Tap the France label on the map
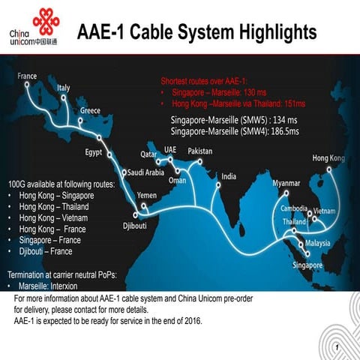coord(27,76)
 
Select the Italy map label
coord(64,88)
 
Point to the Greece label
coord(90,110)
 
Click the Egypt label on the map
coord(94,154)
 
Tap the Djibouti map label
coord(135,225)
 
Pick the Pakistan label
coord(200,151)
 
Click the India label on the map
coord(229,176)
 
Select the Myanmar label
coord(286,183)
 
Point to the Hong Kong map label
coord(328,158)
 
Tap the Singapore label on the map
coord(307,265)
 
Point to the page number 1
coord(338,347)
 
